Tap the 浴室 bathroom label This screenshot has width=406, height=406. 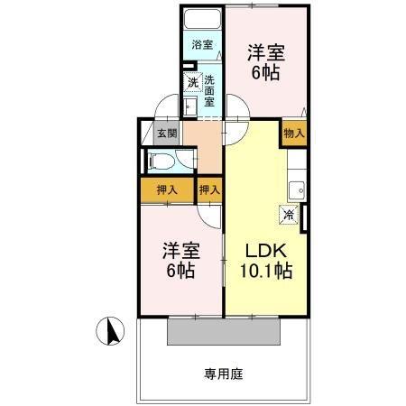point(202,45)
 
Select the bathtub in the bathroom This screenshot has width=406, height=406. point(202,19)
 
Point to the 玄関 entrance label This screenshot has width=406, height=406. point(167,133)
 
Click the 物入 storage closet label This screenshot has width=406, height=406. point(294,133)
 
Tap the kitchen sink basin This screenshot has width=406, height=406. point(297,190)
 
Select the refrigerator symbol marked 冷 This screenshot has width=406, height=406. point(289,215)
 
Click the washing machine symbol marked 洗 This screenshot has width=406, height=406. point(193,82)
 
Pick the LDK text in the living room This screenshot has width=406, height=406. point(266,251)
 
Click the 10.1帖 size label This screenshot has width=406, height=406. point(266,271)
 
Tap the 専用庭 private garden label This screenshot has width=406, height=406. point(224,374)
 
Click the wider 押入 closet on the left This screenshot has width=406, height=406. point(167,190)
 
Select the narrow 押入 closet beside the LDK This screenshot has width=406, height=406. point(210,190)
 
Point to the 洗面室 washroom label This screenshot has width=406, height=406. point(209,91)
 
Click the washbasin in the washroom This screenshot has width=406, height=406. point(190,106)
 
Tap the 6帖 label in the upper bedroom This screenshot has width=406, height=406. point(266,72)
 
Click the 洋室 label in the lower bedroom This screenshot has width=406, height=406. point(181,251)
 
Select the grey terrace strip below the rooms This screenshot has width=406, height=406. point(224,331)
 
